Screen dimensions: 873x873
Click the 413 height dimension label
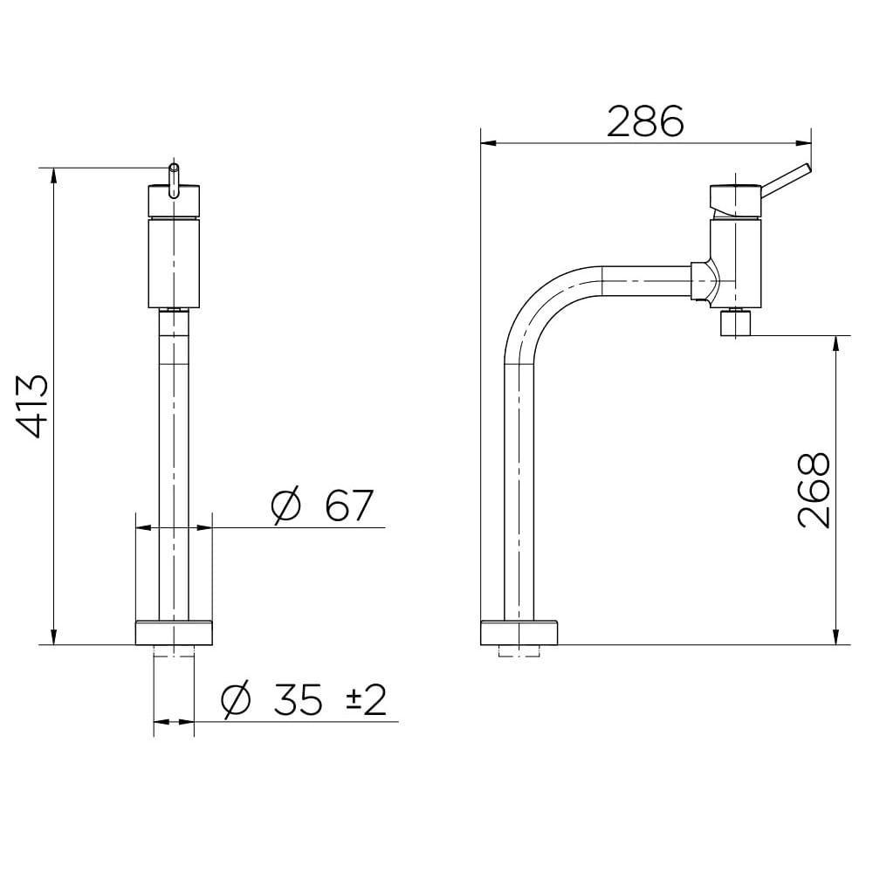click(35, 406)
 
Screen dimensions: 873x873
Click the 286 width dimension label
click(645, 122)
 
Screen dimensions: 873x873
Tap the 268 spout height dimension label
click(814, 490)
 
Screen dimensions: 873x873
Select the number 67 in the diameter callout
click(348, 505)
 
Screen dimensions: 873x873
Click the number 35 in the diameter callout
click(298, 700)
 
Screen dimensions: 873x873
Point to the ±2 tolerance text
click(365, 700)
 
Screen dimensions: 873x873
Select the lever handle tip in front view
click(174, 168)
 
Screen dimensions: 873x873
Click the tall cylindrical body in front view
click(174, 262)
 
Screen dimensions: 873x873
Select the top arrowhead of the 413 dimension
click(54, 173)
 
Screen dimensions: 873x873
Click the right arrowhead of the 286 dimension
click(804, 142)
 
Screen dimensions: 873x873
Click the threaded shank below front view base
click(174, 651)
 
